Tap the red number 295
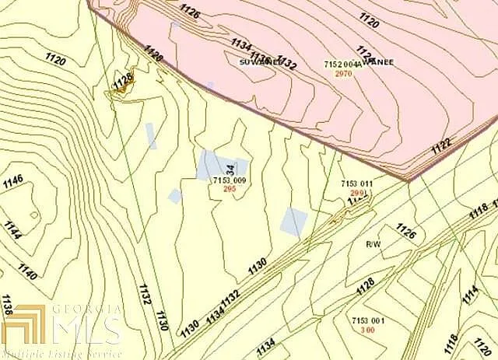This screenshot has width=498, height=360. click(x=230, y=189)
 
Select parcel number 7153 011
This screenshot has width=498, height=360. click(x=357, y=183)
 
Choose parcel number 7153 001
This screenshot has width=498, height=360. click(x=367, y=321)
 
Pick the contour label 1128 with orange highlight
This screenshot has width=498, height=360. click(x=121, y=81)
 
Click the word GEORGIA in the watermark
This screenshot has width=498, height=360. click(x=86, y=309)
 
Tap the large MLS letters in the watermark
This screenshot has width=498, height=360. click(x=86, y=330)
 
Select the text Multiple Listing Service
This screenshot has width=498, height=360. click(x=61, y=353)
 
